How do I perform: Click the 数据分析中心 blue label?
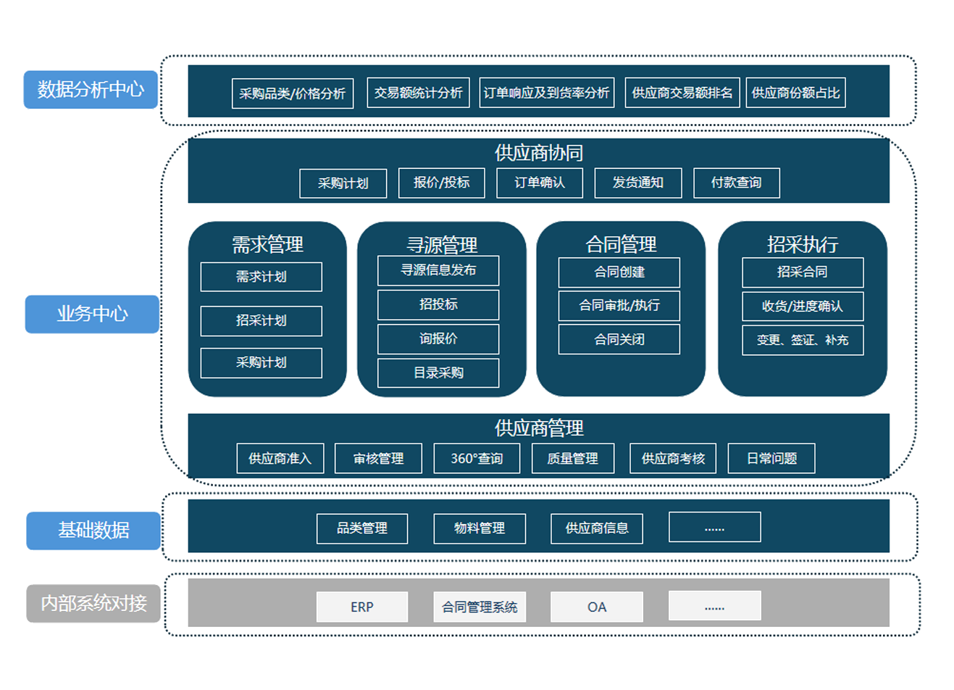pos(91,90)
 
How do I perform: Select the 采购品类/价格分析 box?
pos(293,93)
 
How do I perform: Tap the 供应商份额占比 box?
pos(795,93)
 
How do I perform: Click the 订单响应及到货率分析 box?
pos(546,93)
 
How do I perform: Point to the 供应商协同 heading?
pos(538,153)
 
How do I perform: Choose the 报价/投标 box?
pos(441,183)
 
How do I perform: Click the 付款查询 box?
pos(736,183)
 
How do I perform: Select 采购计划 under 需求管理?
pos(261,362)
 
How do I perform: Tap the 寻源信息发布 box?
pos(438,270)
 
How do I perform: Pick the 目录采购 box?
pos(438,373)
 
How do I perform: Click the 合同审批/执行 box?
pos(619,305)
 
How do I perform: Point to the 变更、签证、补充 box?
pos(803,340)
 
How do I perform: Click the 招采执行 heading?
pos(803,244)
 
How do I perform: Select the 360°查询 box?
pos(477,458)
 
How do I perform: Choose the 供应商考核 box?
pos(673,458)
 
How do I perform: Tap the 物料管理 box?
pos(480,528)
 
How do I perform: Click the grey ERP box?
pos(362,607)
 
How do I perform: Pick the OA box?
pos(596,607)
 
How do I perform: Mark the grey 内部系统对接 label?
pos(93,603)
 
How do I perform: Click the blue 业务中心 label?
pos(92,314)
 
